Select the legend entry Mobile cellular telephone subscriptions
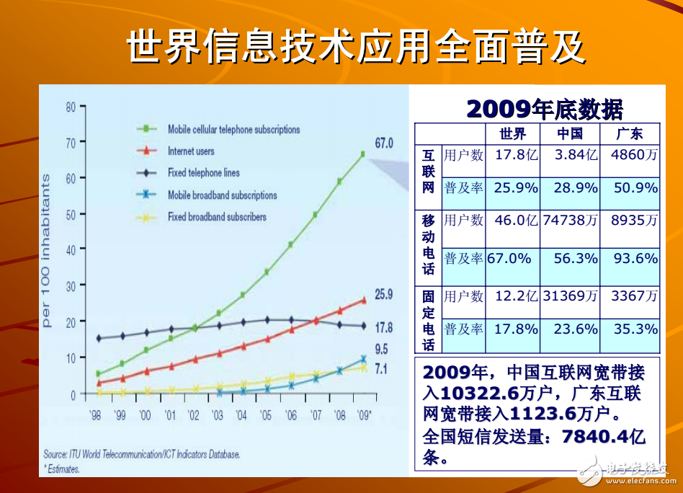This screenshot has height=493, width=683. coord(233,130)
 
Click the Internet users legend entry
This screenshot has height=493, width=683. coord(190,151)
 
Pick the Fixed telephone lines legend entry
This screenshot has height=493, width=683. coord(203,173)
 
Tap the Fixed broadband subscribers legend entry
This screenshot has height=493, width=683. coord(216,216)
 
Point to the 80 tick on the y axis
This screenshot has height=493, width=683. coord(71,107)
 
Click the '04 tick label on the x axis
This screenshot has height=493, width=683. coord(241,415)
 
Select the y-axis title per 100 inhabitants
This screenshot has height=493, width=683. coord(47,250)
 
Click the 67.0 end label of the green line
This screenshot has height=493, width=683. coord(383,143)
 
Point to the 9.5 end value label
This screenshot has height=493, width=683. coord(381,350)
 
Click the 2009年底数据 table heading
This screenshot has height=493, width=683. coord(545,109)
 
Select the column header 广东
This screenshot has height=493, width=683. coord(629,134)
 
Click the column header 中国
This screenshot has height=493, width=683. coord(569,134)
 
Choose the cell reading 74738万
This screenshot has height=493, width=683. coord(570,221)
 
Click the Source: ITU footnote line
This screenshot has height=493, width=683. coord(141,454)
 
